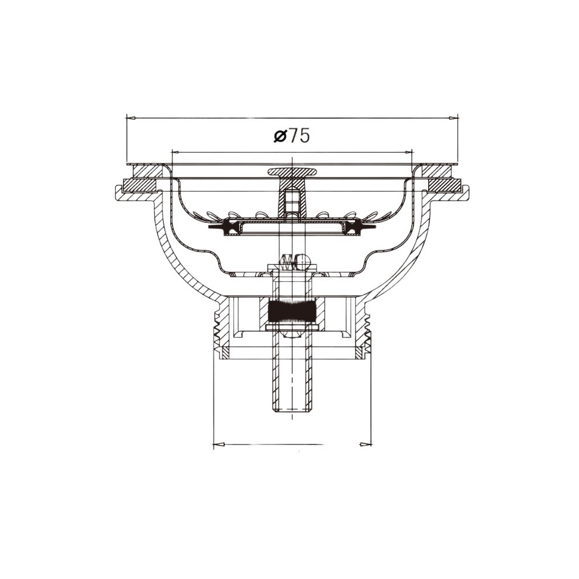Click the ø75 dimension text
[291, 136]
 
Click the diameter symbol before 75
[280, 136]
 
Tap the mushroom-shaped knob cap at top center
[292, 172]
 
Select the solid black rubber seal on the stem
[292, 311]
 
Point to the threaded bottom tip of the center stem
[292, 408]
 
